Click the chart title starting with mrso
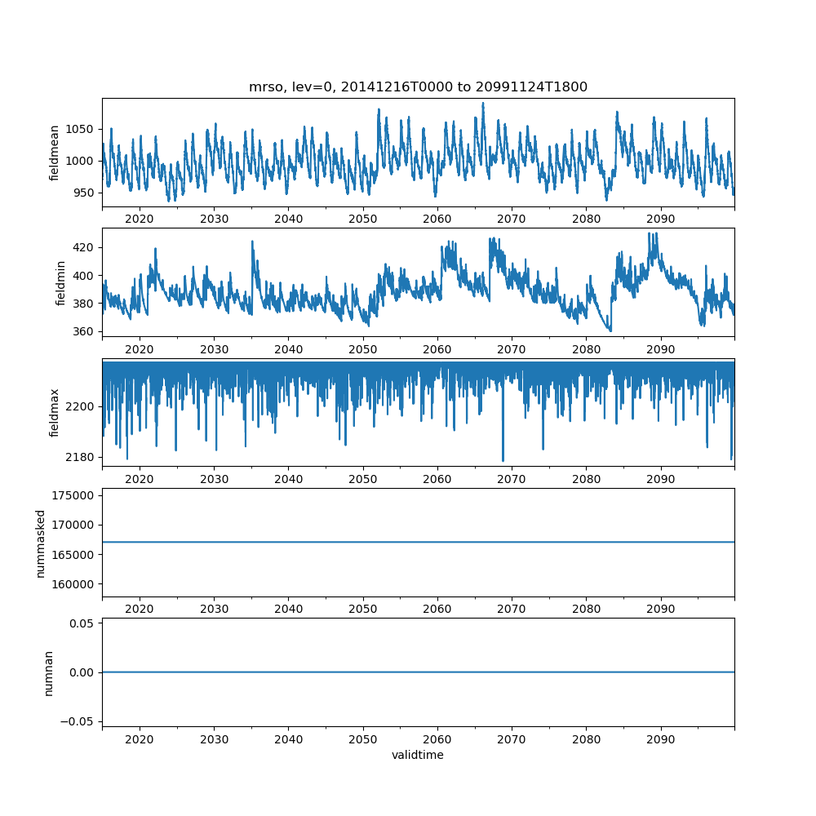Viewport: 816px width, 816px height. [x=418, y=87]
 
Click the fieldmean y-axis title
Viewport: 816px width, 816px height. [x=55, y=153]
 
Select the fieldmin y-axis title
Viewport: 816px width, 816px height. [x=61, y=282]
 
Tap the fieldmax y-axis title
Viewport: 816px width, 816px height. [x=55, y=412]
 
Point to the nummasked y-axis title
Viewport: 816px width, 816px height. [x=41, y=543]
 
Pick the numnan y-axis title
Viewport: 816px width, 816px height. [x=48, y=672]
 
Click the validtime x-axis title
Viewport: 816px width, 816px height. [x=418, y=756]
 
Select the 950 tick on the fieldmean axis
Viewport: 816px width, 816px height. [x=84, y=193]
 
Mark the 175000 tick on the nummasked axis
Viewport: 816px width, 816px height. [x=78, y=495]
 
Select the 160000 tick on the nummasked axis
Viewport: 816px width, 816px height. [x=78, y=584]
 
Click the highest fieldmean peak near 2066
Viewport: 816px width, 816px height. [x=482, y=104]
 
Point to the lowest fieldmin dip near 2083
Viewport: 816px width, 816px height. [x=610, y=330]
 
